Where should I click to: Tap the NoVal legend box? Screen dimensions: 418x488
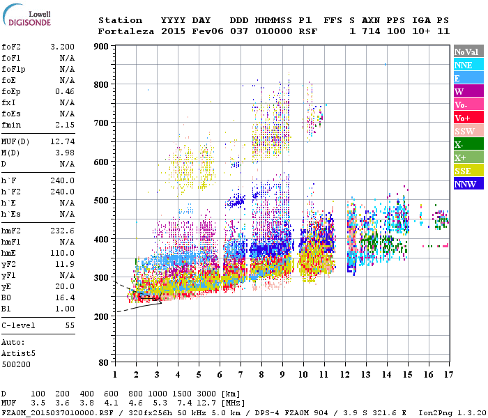pyautogui.click(x=468, y=52)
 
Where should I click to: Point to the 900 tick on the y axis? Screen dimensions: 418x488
pyautogui.click(x=101, y=46)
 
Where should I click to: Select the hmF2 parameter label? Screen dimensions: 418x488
pyautogui.click(x=10, y=231)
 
